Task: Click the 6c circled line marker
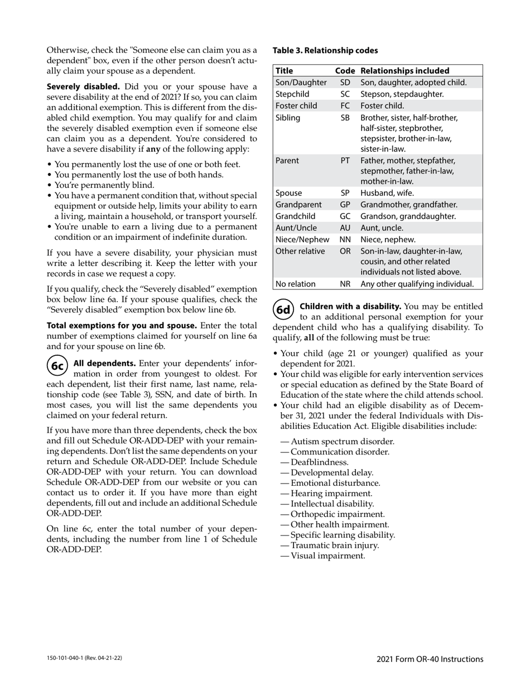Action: [57, 365]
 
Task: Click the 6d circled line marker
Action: [284, 310]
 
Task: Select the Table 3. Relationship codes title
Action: [325, 50]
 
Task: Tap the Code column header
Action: [345, 71]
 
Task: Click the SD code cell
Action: [345, 83]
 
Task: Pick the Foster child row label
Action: [296, 105]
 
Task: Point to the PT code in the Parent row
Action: [345, 161]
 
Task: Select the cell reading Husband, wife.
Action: [387, 193]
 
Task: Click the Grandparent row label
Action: [298, 205]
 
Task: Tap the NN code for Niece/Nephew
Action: [345, 239]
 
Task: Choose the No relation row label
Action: [296, 284]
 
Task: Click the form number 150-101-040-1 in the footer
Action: [84, 658]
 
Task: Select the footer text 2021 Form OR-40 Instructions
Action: [430, 659]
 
